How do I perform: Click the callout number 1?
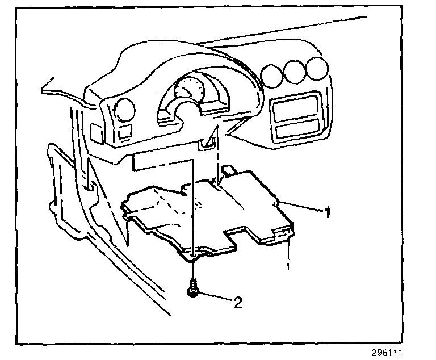pos(327,214)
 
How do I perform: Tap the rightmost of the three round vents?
pos(316,69)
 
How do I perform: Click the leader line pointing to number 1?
pos(301,207)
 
